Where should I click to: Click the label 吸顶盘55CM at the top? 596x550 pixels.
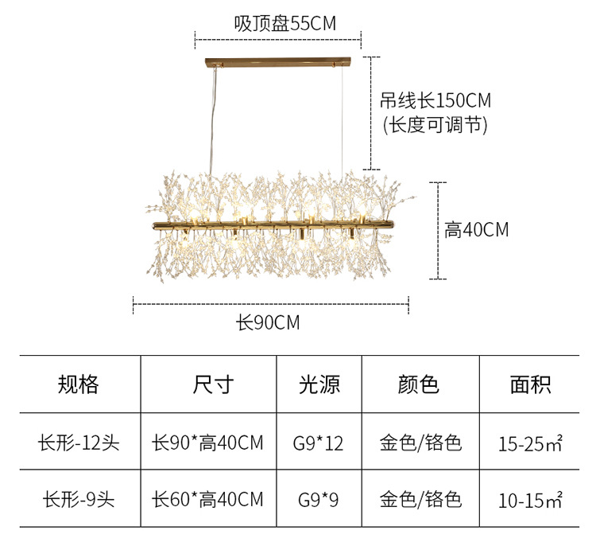click(x=284, y=23)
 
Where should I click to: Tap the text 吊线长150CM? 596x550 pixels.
click(x=435, y=100)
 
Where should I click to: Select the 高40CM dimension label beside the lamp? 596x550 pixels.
click(x=477, y=230)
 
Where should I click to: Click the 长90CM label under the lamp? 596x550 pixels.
click(x=268, y=323)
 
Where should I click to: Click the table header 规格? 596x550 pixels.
click(x=79, y=384)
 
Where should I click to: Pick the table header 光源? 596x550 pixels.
click(x=319, y=384)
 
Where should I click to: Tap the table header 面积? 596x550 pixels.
click(x=531, y=384)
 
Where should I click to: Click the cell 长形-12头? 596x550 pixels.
click(x=79, y=443)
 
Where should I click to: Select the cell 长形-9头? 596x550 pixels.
click(x=79, y=500)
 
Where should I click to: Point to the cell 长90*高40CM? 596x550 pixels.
click(x=207, y=443)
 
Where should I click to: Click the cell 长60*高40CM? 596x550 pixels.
click(x=207, y=500)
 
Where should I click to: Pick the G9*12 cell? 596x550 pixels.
click(x=320, y=443)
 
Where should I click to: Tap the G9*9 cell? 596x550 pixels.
click(x=319, y=501)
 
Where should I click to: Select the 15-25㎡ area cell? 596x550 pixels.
click(x=531, y=443)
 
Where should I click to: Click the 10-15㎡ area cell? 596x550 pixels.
click(x=531, y=501)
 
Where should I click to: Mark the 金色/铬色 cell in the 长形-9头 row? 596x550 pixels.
click(x=420, y=500)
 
